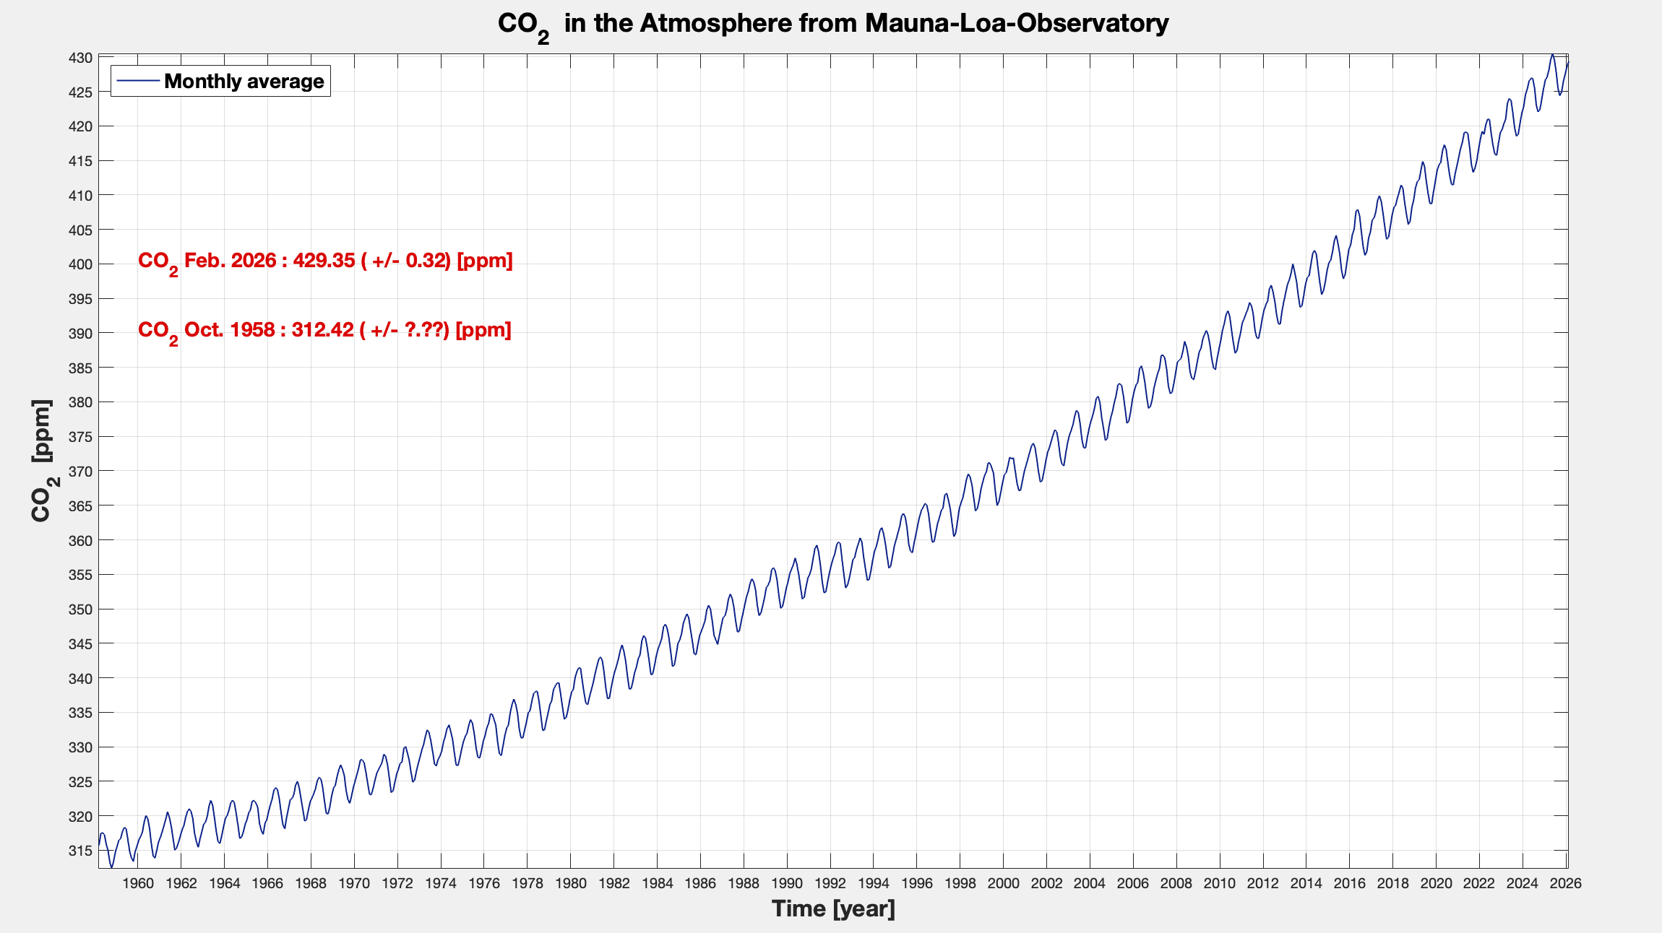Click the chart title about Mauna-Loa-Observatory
tap(832, 24)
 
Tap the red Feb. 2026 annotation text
tap(325, 261)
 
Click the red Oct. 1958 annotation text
tap(324, 330)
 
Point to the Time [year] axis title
tap(832, 908)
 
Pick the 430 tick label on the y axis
tap(80, 58)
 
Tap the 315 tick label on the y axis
tap(80, 851)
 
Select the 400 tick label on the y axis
tap(80, 264)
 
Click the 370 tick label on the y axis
tap(80, 471)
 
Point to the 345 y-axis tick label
tap(80, 643)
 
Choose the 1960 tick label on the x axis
tap(137, 883)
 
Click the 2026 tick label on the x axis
tap(1565, 883)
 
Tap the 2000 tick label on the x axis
tap(1003, 883)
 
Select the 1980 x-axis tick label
tap(570, 883)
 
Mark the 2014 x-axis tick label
tap(1306, 883)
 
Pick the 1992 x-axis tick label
tap(830, 883)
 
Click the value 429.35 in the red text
tap(324, 261)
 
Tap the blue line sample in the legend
tap(137, 81)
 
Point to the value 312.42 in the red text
tap(322, 330)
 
